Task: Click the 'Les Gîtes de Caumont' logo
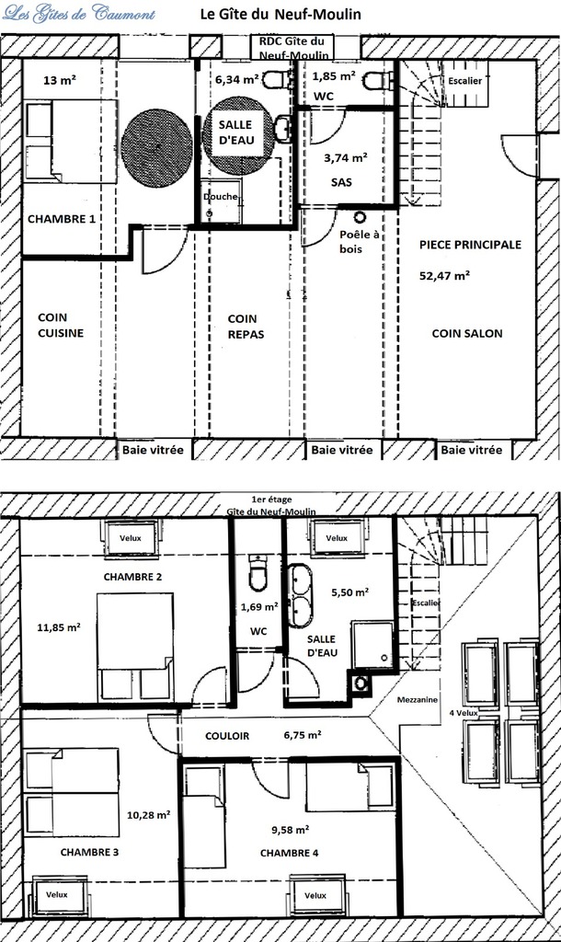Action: pos(79,13)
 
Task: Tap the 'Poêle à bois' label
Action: pos(359,242)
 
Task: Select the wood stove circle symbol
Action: pos(360,217)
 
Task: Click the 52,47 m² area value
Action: pos(444,276)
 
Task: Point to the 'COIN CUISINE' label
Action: pos(61,325)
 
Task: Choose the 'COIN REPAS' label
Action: pos(246,327)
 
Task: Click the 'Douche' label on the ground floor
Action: pos(221,197)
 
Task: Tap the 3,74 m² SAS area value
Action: pos(346,158)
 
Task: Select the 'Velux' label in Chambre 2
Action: pos(131,537)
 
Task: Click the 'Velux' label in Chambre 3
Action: pos(57,894)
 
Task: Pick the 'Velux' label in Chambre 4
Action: pos(315,895)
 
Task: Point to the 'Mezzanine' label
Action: pos(418,700)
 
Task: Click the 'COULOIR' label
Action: pos(227,736)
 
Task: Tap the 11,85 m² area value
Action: pos(59,627)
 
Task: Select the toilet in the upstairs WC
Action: pos(258,573)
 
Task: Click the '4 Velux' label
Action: pos(464,713)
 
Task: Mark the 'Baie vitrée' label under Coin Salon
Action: pos(472,450)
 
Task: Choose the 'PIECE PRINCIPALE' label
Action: pos(470,245)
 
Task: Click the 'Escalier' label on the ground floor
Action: pos(465,81)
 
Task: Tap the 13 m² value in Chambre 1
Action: pos(60,79)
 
